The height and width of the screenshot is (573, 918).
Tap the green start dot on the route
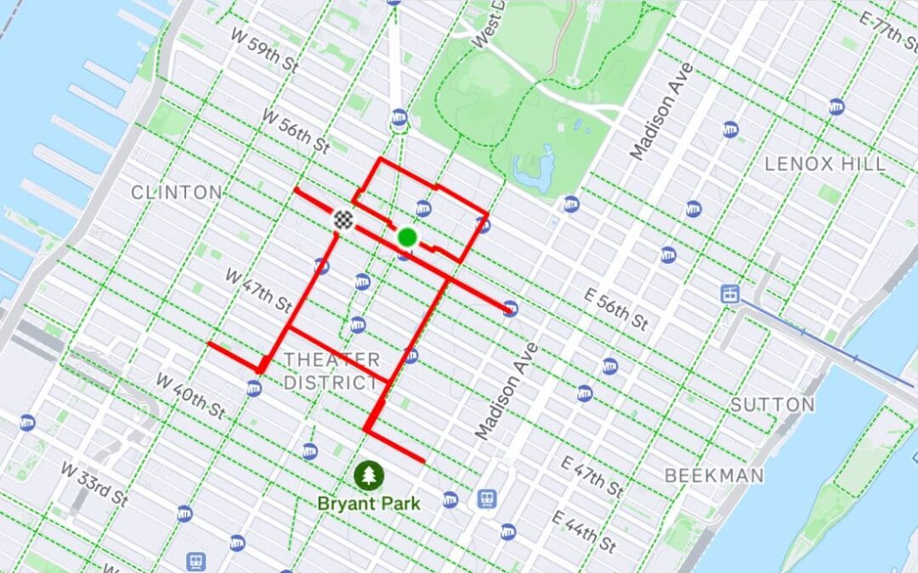coord(407,237)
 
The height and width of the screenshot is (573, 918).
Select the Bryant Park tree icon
coord(369,475)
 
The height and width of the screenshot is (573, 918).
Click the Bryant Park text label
coord(369,503)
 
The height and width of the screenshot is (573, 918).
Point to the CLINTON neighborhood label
coord(177,193)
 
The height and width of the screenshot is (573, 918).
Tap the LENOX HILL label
coord(824,164)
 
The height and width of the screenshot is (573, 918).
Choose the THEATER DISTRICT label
coord(331,371)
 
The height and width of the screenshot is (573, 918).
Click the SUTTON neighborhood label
coord(773,405)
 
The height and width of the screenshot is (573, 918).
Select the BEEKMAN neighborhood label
coord(714,475)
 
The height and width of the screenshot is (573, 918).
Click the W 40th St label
coord(190,396)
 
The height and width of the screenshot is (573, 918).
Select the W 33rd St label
coord(93,484)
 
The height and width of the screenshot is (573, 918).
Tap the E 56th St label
coord(615,308)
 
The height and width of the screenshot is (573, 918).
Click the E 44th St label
coord(583,531)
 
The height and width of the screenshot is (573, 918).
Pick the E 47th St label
coord(594,475)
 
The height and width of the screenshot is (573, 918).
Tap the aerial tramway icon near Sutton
coord(729,294)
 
